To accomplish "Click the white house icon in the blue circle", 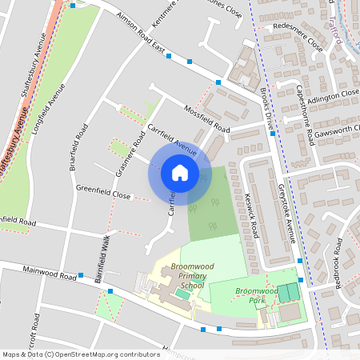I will click(x=180, y=172).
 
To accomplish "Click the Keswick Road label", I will click(x=252, y=219).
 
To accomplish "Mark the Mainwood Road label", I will click(x=50, y=273).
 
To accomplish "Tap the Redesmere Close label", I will click(x=298, y=37).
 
